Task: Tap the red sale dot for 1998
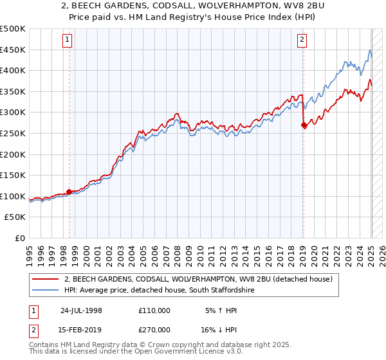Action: pyautogui.click(x=69, y=192)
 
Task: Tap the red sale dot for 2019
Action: pyautogui.click(x=304, y=126)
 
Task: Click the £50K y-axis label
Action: pyautogui.click(x=15, y=217)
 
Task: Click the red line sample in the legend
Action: pyautogui.click(x=45, y=279)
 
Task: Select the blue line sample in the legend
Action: pyautogui.click(x=45, y=290)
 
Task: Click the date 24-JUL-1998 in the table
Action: pyautogui.click(x=81, y=310)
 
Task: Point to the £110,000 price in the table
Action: pyautogui.click(x=154, y=310)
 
